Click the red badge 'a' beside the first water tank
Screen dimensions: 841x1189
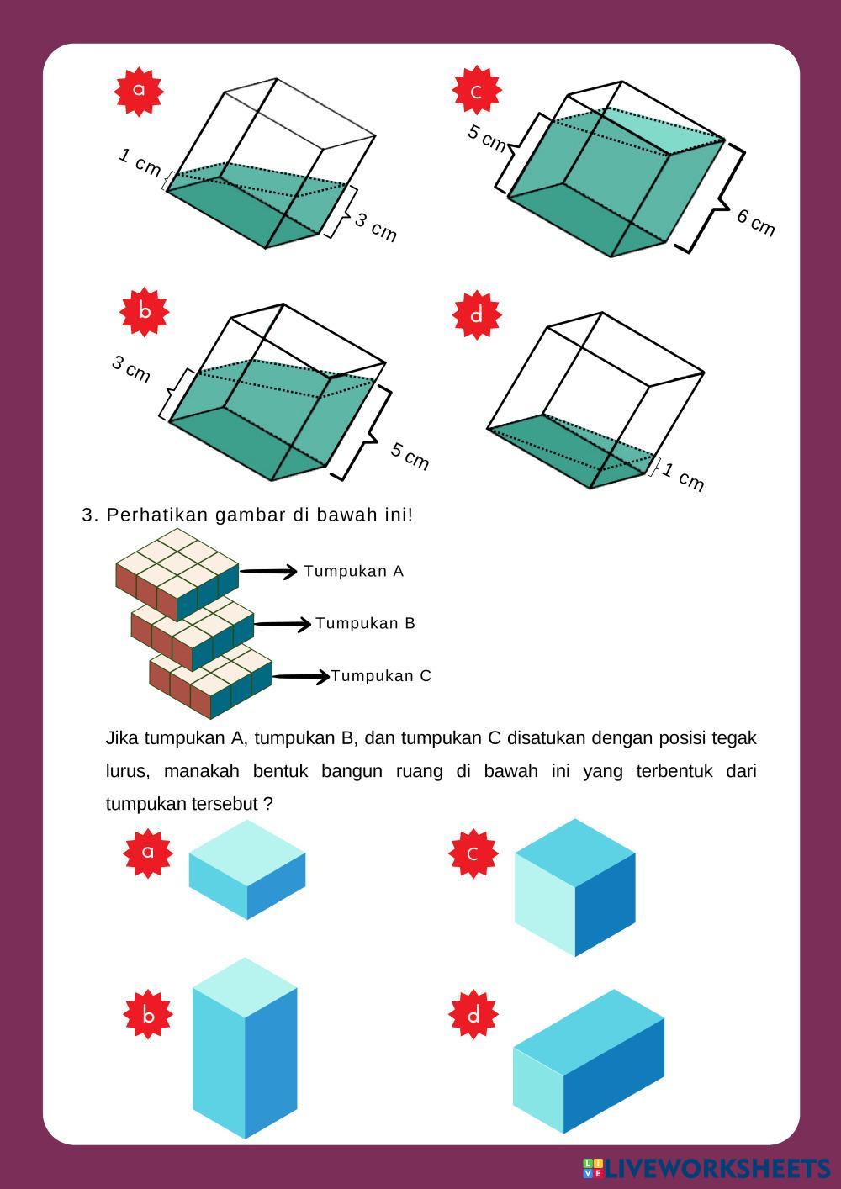coord(139,90)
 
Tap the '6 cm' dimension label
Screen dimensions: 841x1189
coord(755,222)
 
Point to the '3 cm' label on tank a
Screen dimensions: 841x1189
coord(375,227)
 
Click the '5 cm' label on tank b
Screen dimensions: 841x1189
coord(410,456)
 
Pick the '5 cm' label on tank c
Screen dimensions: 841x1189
coord(487,138)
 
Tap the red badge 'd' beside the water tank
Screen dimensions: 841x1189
coord(477,315)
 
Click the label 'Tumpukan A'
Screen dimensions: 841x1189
coord(354,572)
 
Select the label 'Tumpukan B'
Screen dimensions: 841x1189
coord(365,624)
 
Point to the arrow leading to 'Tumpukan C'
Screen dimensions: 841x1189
coord(301,677)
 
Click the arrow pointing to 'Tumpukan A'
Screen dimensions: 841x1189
coord(269,572)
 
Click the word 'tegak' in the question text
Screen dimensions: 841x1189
coord(734,738)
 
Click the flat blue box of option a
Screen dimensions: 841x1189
coord(247,869)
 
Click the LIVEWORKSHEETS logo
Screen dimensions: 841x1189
coord(706,1169)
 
